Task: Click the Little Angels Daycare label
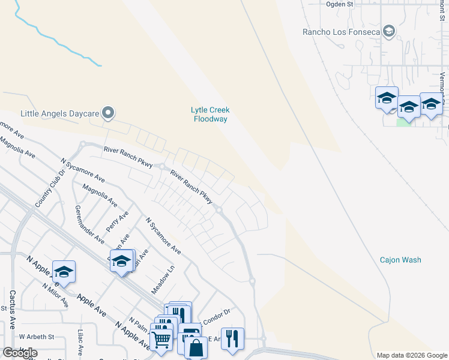[x=59, y=113]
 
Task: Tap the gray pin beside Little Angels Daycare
[x=108, y=113]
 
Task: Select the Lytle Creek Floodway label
[x=210, y=114]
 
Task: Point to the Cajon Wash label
[x=400, y=260]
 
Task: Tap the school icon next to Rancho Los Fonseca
[x=388, y=32]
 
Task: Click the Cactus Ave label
[x=12, y=310]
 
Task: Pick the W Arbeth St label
[x=37, y=337]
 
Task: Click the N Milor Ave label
[x=56, y=294]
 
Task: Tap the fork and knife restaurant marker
[x=232, y=338]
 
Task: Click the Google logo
[x=20, y=353]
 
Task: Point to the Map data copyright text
[x=411, y=355]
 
